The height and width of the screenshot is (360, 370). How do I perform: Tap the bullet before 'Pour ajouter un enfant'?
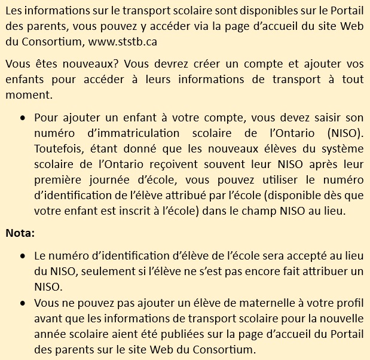point(22,117)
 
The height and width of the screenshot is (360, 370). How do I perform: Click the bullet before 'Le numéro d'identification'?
point(22,256)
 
